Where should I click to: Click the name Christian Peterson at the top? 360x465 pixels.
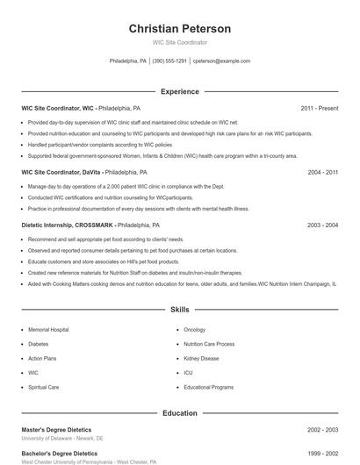coord(180,29)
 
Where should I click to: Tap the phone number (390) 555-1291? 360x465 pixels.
coord(169,61)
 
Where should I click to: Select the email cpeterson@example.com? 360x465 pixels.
coord(221,61)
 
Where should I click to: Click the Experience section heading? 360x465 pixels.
coord(180,91)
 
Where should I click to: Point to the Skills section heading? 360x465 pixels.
coord(180,310)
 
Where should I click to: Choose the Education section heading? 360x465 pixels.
coord(180,412)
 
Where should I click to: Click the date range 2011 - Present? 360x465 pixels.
coord(319,108)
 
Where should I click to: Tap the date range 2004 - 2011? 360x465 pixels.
coord(322,173)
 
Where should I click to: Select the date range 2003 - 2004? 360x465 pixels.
coord(322,225)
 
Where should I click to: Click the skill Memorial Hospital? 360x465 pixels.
coord(48,330)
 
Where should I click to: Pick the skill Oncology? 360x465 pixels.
coord(194,330)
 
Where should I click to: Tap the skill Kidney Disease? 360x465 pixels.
coord(201,358)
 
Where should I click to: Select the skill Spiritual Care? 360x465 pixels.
coord(44,387)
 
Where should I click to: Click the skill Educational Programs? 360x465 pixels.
coord(208,387)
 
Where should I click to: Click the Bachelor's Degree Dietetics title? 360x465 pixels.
coord(60,454)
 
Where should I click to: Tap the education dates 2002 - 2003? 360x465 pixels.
coord(322,430)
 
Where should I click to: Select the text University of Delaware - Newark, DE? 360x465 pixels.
coord(62,438)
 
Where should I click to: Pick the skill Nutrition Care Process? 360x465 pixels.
coord(209,344)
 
